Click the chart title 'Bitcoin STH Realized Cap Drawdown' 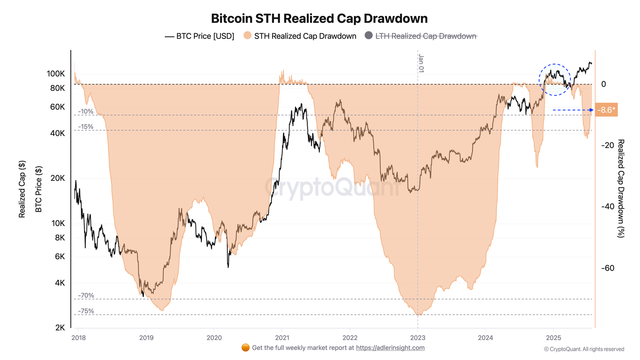[x=319, y=18]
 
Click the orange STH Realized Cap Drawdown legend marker [x=248, y=36]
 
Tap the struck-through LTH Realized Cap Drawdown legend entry [x=426, y=36]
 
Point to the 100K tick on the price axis [x=56, y=74]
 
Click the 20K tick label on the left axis [x=58, y=178]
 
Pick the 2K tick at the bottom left [x=60, y=328]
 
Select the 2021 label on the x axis [x=282, y=338]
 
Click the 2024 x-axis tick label [x=486, y=338]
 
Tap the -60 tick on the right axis [x=608, y=268]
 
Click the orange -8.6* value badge [x=606, y=110]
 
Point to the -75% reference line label [x=86, y=311]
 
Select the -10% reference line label [x=86, y=112]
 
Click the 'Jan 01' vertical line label [x=421, y=64]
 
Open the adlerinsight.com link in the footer [x=390, y=348]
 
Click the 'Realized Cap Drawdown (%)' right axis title [x=620, y=188]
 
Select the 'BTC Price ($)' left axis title [x=38, y=189]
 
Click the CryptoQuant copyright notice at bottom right [x=584, y=349]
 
